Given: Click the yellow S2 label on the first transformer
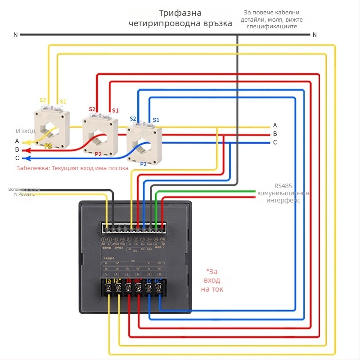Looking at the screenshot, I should point(43,100).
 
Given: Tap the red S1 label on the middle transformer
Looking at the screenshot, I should point(115,110).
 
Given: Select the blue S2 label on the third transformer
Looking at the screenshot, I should point(133,119).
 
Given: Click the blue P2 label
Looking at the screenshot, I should point(143,164).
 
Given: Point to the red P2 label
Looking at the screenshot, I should point(98,154).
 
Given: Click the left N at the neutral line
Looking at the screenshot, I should point(16,35).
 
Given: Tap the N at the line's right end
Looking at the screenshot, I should point(315,35).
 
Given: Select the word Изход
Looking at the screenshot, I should point(26,131).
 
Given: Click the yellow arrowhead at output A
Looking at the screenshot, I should point(25,143).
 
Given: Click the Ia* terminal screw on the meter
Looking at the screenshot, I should point(118,289).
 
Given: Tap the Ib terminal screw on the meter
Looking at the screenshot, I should point(128,289).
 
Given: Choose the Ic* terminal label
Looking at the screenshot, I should point(158,281).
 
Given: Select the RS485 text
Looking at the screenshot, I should point(283,185).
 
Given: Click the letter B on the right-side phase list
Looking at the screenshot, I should point(275,134).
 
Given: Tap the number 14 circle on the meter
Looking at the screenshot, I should point(149,239).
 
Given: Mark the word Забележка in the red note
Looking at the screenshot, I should point(33,168).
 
